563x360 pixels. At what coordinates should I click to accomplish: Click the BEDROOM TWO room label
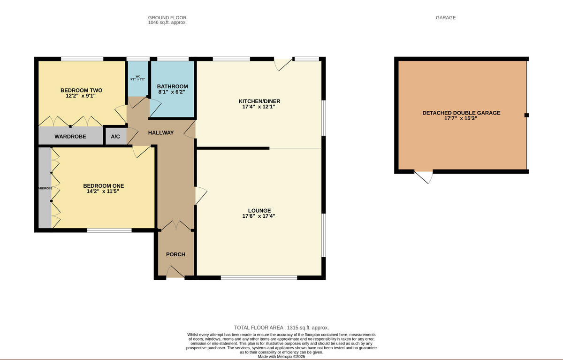(81, 90)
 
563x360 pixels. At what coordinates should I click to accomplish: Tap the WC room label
(138, 76)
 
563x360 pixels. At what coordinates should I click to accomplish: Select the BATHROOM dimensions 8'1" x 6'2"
(172, 92)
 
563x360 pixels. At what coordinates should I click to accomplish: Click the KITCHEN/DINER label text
(259, 101)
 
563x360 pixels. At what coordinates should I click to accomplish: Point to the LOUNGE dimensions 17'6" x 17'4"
(259, 216)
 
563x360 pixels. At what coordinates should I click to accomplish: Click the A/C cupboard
(115, 137)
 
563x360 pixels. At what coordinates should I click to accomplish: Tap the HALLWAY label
(161, 133)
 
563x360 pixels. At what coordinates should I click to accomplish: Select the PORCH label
(175, 254)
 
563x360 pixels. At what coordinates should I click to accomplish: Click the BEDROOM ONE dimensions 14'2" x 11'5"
(103, 191)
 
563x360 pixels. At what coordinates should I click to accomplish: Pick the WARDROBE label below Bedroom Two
(70, 137)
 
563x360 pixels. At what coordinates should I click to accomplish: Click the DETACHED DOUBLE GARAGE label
(461, 113)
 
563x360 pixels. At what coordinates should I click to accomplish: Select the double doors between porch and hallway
(176, 226)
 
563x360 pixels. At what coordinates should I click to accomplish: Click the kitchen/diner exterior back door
(283, 63)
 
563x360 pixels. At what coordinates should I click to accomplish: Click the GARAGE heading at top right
(445, 18)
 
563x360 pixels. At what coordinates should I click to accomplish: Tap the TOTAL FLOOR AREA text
(281, 328)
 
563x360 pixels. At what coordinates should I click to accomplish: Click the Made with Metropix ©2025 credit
(281, 357)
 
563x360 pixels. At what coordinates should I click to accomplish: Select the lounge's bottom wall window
(259, 278)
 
